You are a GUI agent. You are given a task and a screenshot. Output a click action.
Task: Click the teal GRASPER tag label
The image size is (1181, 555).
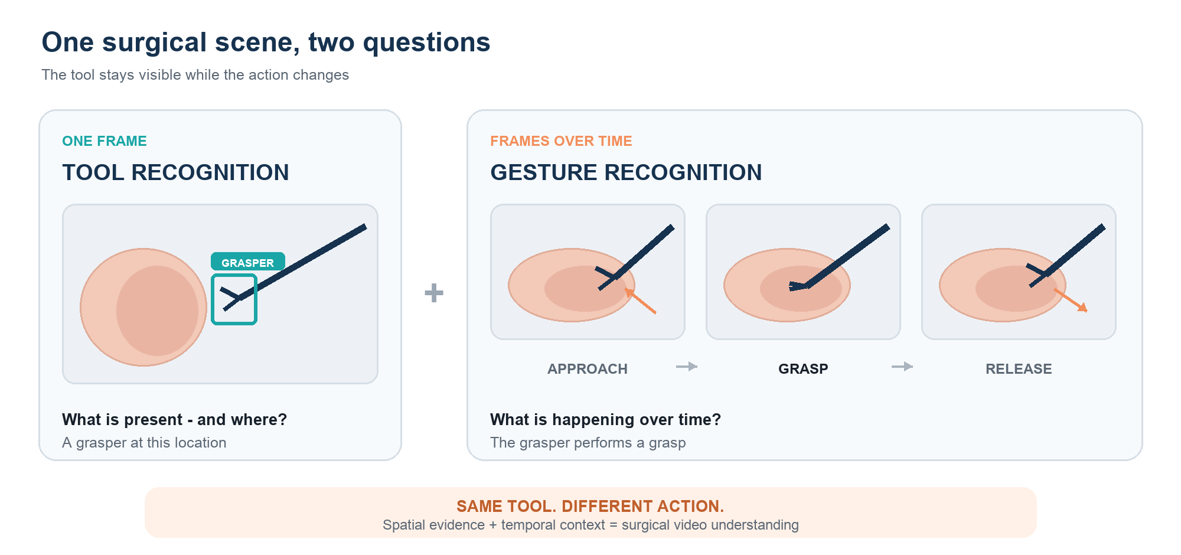point(248,262)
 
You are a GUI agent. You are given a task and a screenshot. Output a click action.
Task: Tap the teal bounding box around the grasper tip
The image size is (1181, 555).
point(212,299)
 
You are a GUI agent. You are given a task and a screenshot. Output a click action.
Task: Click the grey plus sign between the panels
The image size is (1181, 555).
point(434,293)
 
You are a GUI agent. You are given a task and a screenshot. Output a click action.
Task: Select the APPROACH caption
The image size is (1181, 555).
point(588,369)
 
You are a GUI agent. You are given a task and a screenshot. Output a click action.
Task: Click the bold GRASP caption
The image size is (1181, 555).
point(803,369)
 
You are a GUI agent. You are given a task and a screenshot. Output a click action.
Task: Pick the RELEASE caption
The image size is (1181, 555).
point(1019,369)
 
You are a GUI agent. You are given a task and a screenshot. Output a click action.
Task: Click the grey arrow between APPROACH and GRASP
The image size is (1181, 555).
point(687,367)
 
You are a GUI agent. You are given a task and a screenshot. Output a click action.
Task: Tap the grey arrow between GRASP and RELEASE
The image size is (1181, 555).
point(902,367)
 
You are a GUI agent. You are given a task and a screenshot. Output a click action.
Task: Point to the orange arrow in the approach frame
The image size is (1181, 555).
point(640,301)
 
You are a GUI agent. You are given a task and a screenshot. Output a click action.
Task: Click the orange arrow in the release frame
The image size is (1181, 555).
point(1071,301)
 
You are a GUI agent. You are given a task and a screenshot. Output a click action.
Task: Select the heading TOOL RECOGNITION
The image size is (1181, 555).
point(175,172)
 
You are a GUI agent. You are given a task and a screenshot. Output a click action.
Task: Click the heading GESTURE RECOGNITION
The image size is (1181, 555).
point(626,172)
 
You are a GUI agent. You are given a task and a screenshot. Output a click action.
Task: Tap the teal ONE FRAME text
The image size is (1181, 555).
point(105,141)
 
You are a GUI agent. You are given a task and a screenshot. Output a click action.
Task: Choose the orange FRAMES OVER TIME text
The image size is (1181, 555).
point(561,141)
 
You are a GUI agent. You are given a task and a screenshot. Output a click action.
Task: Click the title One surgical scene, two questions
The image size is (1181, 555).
point(266,43)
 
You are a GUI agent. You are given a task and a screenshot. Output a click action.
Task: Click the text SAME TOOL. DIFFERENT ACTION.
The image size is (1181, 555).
point(590,506)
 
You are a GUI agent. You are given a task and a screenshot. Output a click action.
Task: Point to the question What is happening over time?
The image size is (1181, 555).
point(605,419)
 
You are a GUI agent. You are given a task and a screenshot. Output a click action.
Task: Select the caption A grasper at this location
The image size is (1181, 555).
point(144,443)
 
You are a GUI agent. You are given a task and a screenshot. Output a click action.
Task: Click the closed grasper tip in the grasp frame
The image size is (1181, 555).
point(797,286)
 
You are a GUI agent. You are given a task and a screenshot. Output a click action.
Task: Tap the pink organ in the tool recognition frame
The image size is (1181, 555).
point(143,307)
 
